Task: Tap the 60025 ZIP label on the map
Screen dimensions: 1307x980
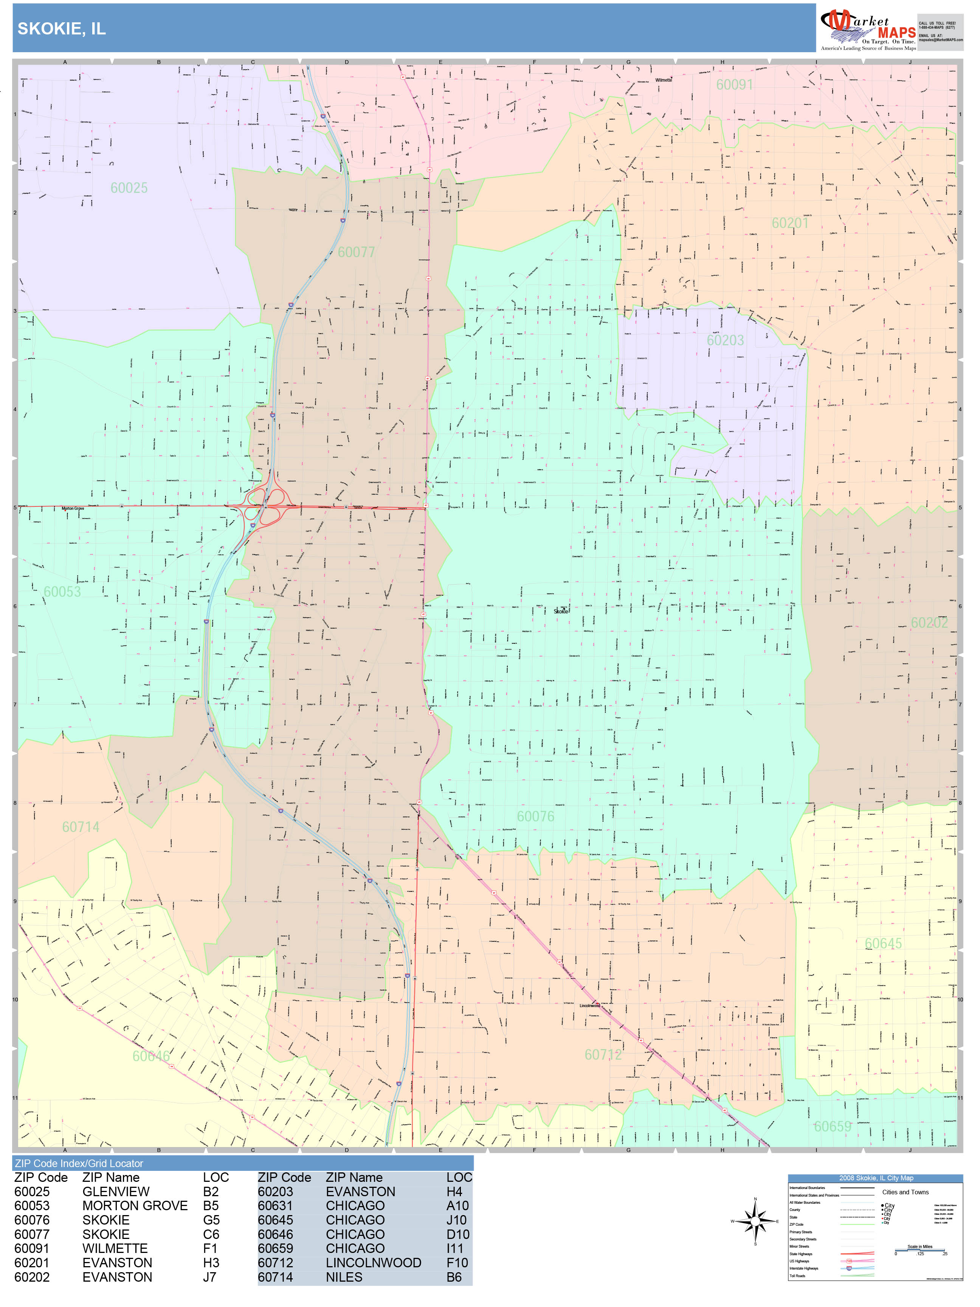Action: tap(129, 188)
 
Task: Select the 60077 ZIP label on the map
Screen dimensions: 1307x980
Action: tap(356, 252)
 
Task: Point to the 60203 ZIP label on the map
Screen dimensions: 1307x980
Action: tap(726, 340)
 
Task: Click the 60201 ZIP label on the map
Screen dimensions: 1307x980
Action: tap(790, 223)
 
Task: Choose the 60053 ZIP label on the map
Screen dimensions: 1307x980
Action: tap(62, 591)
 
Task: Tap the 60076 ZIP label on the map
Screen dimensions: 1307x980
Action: tap(535, 816)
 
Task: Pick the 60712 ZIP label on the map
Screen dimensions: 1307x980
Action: tap(603, 1055)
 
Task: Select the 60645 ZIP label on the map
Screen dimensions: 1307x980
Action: tap(883, 944)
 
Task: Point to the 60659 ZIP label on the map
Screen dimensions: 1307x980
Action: tap(832, 1126)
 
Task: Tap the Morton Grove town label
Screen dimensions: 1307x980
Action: tap(73, 508)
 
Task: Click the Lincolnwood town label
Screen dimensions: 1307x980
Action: tap(589, 1005)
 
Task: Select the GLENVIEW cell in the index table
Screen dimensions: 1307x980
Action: tap(116, 1191)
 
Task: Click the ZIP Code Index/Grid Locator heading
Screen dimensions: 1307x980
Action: tap(79, 1163)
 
